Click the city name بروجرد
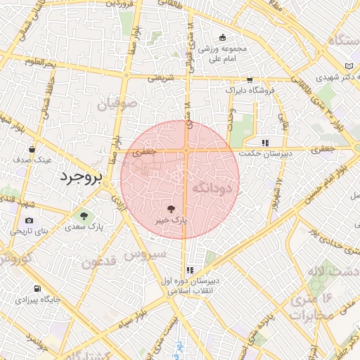click(79, 176)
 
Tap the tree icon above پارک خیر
click(169, 208)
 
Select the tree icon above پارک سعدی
click(84, 216)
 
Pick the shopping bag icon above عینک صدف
click(32, 149)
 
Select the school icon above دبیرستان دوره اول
click(190, 269)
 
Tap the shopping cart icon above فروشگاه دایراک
click(250, 80)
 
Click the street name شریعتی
click(160, 79)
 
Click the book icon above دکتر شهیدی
click(348, 67)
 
